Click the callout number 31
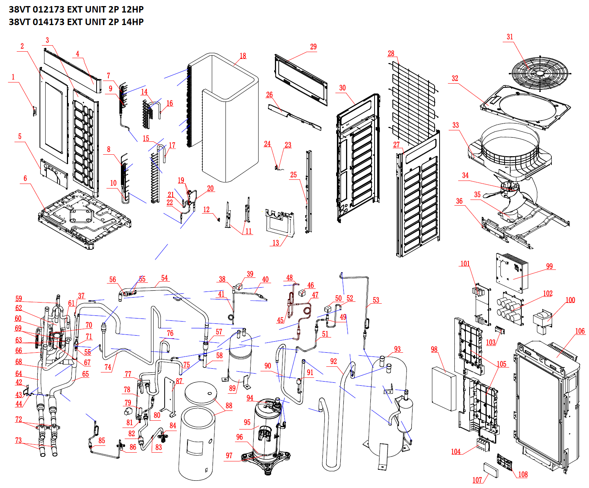(x=510, y=37)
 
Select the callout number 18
(x=243, y=56)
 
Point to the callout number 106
(x=580, y=331)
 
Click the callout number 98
(x=434, y=349)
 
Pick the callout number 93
(x=397, y=349)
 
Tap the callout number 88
(x=229, y=406)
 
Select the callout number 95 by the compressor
(x=247, y=422)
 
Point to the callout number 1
(x=13, y=77)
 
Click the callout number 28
(x=391, y=54)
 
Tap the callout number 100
(x=570, y=300)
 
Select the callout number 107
(x=477, y=480)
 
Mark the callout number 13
(x=276, y=242)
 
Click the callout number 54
(x=164, y=278)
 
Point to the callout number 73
(x=18, y=440)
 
